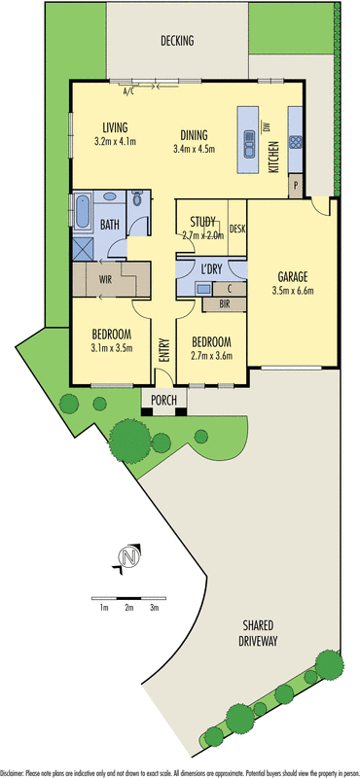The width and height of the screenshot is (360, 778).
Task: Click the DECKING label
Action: pyautogui.click(x=178, y=41)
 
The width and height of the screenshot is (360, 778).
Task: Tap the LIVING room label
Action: pyautogui.click(x=116, y=127)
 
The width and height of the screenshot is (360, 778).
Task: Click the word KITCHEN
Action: pyautogui.click(x=275, y=156)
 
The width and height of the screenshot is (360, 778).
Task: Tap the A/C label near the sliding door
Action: pyautogui.click(x=128, y=92)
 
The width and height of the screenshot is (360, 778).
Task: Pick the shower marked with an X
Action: pyautogui.click(x=82, y=247)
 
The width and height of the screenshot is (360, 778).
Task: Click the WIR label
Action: pyautogui.click(x=104, y=280)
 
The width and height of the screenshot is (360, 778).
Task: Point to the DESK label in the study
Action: pyautogui.click(x=237, y=230)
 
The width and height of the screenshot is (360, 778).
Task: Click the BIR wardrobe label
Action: pyautogui.click(x=224, y=304)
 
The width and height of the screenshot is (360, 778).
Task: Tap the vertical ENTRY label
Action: pyautogui.click(x=163, y=351)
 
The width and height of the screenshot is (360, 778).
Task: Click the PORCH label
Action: pyautogui.click(x=162, y=399)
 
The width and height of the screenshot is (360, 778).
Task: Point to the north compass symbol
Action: pyautogui.click(x=125, y=557)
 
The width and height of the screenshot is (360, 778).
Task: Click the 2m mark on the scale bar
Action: pyautogui.click(x=128, y=608)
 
